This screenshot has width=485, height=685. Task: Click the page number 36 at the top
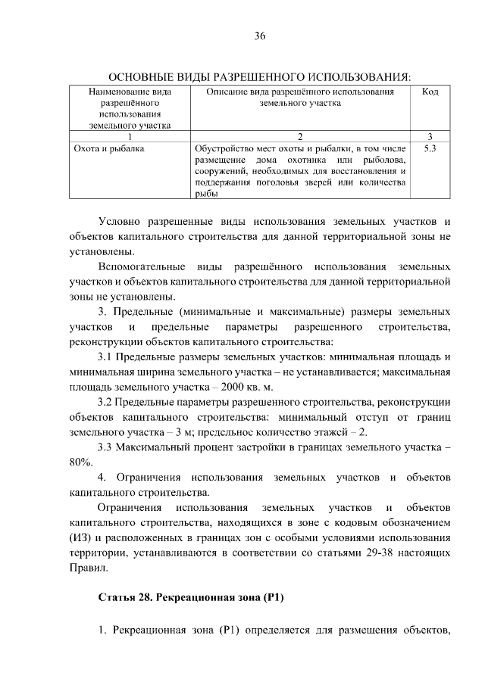tap(259, 36)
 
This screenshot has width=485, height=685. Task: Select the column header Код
tap(430, 92)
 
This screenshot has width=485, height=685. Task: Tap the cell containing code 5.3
tap(430, 149)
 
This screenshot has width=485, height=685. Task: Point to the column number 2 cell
tap(300, 137)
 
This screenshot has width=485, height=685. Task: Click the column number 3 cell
tap(430, 137)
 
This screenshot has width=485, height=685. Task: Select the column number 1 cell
tap(130, 137)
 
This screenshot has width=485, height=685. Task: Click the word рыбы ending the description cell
tap(205, 195)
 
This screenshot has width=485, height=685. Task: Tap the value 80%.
tap(80, 461)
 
